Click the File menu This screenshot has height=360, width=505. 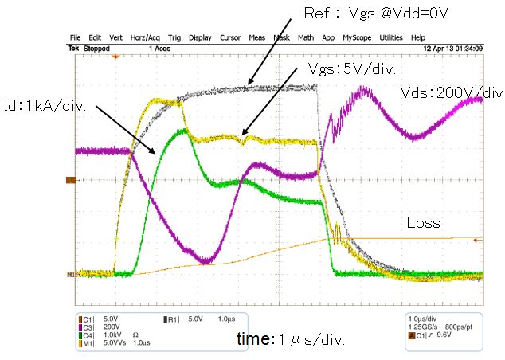click(x=75, y=37)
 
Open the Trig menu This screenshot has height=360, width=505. click(x=174, y=37)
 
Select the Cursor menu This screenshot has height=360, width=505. click(x=229, y=37)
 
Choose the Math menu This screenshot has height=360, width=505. click(x=305, y=37)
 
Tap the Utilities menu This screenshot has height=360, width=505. click(x=390, y=37)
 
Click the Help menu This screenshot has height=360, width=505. click(x=417, y=37)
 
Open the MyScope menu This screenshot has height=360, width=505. click(x=358, y=37)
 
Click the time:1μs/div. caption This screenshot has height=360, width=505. click(x=291, y=339)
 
